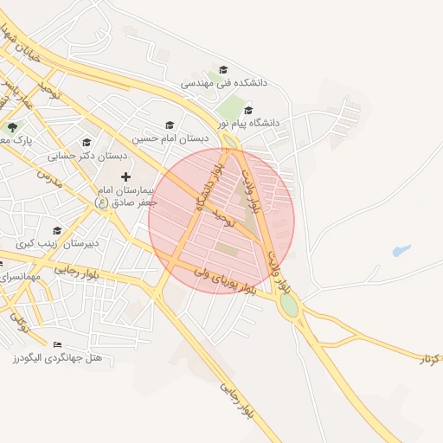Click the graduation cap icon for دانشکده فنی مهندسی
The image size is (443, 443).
click(x=223, y=70)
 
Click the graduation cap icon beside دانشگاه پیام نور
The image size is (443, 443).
click(x=249, y=110)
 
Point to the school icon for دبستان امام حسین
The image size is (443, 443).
click(x=170, y=125)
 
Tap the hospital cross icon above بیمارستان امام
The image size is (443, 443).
click(x=125, y=177)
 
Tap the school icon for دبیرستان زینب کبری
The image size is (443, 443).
click(x=56, y=230)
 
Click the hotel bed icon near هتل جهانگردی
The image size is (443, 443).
click(x=58, y=344)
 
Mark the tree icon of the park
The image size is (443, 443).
click(x=11, y=127)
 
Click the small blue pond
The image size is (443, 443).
click(x=400, y=252)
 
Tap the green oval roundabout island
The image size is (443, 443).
click(x=289, y=305)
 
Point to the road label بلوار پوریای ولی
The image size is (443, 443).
click(x=224, y=282)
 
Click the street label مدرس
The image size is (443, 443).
click(x=49, y=182)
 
